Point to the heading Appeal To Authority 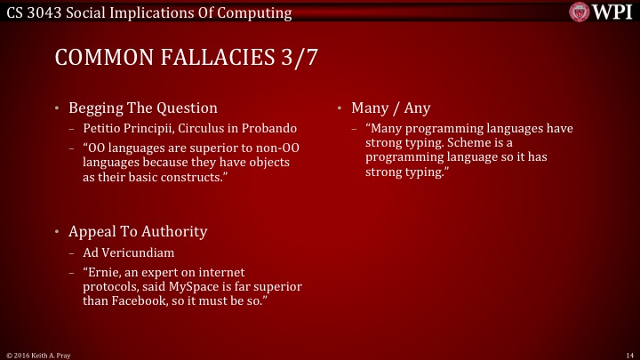click(138, 231)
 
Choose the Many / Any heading click(390, 108)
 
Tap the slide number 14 click(628, 354)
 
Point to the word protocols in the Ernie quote click(111, 286)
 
